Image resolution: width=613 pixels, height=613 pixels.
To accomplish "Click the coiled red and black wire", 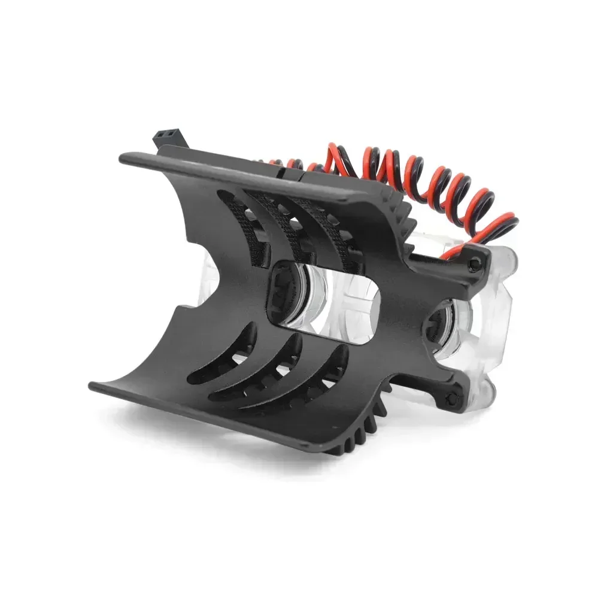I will pyautogui.click(x=419, y=180).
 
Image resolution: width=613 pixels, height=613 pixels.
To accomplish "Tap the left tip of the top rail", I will pyautogui.click(x=124, y=158).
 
